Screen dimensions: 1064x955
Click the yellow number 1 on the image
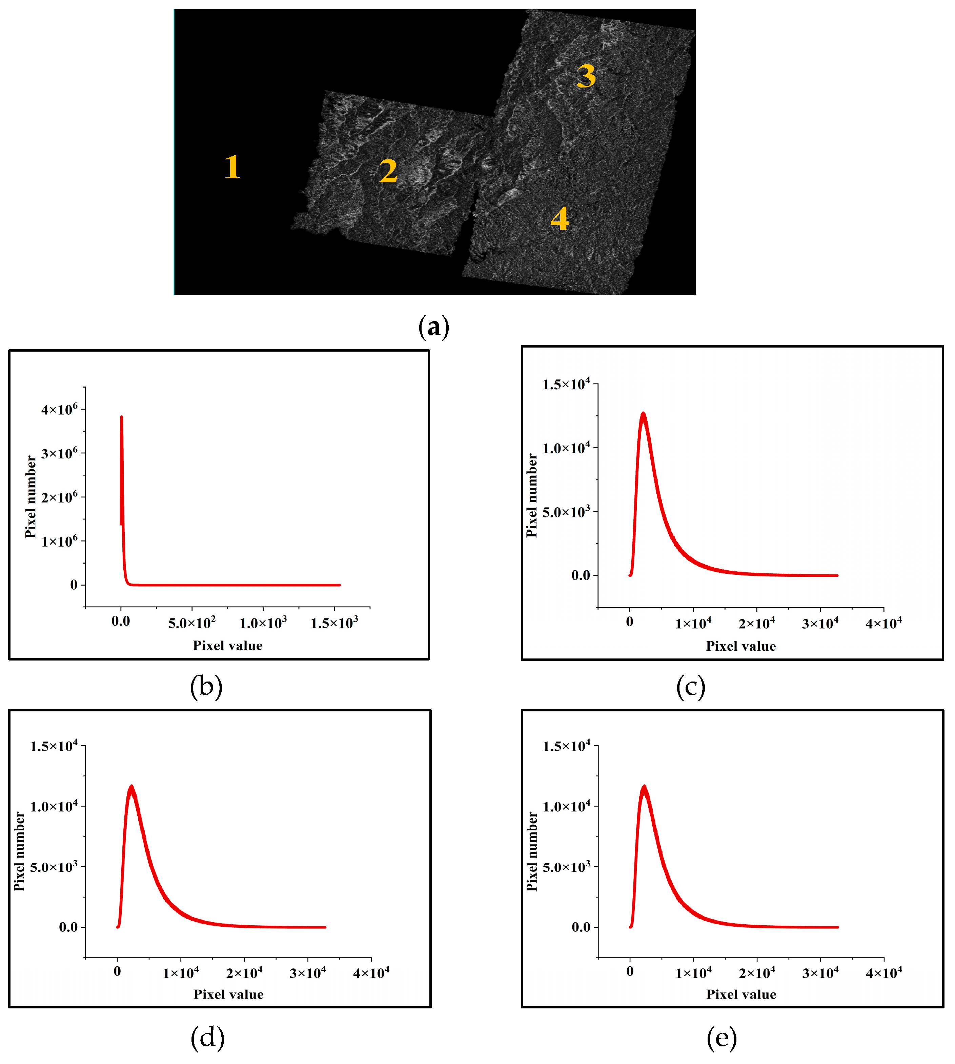click(x=232, y=167)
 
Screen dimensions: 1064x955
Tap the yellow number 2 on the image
click(x=388, y=171)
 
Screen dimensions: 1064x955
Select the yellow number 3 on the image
click(x=586, y=76)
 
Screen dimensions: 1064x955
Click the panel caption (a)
click(x=433, y=327)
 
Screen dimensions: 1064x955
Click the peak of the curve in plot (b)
click(x=122, y=417)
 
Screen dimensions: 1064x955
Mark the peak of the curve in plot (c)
click(x=643, y=414)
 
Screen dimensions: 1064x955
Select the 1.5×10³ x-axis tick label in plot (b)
click(x=334, y=623)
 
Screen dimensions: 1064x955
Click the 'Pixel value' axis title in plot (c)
click(x=740, y=646)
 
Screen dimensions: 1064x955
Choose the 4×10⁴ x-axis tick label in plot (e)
click(x=883, y=973)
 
